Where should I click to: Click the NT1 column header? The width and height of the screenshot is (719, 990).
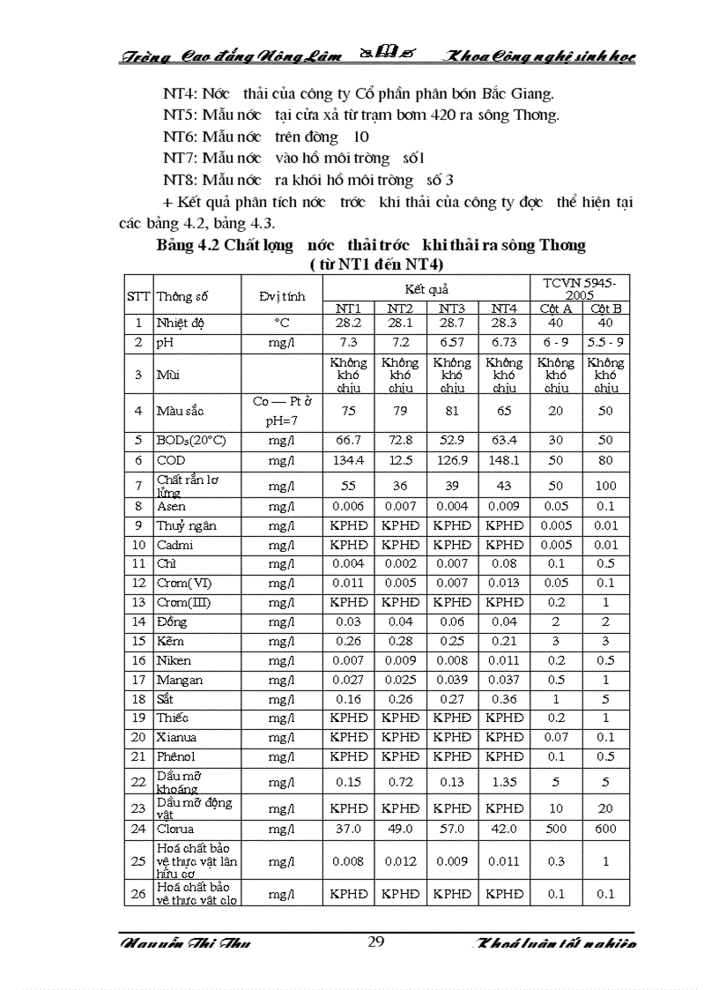point(349,308)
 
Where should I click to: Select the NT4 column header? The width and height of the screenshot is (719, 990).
point(504,308)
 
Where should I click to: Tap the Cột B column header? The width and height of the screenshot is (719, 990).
point(606,308)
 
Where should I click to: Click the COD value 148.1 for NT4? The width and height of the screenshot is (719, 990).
point(504,460)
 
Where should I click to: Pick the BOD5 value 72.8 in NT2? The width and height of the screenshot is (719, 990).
point(400,440)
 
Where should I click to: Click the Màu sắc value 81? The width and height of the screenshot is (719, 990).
point(452,410)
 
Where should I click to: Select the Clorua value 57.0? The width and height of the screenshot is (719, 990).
point(452,829)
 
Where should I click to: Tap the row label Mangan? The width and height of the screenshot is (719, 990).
point(180,680)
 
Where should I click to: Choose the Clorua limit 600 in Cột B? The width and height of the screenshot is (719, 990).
point(606,829)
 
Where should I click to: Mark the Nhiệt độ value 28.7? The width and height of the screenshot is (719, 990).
point(452,324)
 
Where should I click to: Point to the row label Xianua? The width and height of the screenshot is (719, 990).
point(177,737)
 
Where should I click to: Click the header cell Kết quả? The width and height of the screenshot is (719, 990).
point(426,288)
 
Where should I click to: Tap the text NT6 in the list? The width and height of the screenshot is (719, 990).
point(182,137)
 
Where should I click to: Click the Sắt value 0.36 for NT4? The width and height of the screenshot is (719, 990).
point(504,699)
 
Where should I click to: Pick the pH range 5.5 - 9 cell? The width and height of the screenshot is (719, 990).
point(606,342)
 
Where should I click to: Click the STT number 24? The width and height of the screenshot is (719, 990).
point(138,829)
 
